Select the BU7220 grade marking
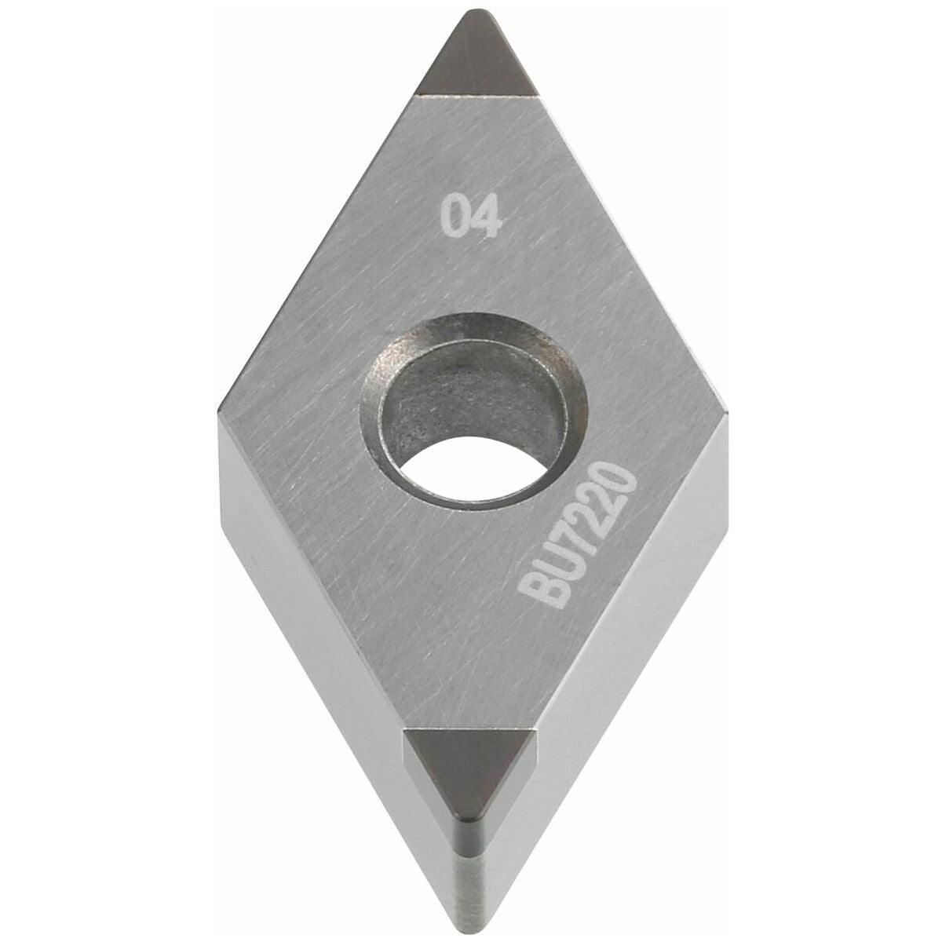pyautogui.click(x=577, y=534)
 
